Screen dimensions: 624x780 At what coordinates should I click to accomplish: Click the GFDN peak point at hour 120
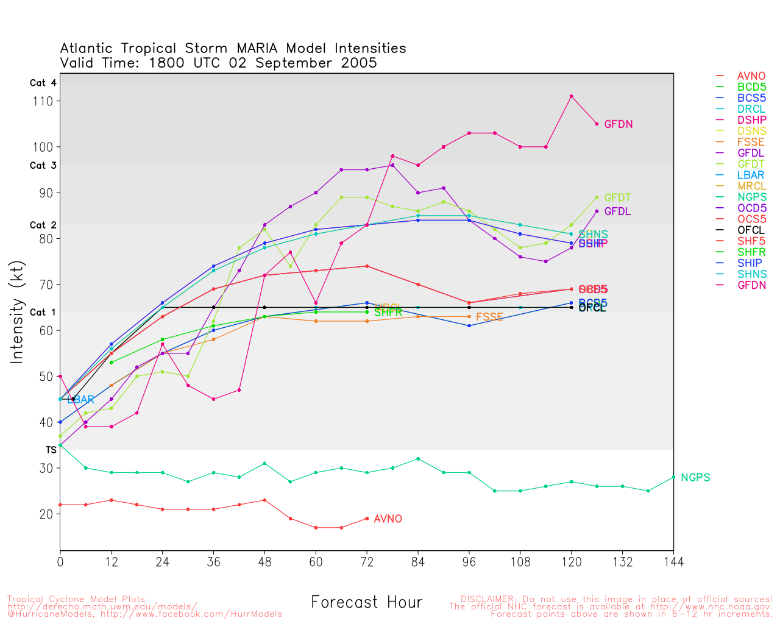click(x=571, y=96)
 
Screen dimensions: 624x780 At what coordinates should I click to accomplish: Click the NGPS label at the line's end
click(x=695, y=478)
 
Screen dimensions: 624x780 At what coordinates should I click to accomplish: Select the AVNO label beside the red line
click(x=388, y=519)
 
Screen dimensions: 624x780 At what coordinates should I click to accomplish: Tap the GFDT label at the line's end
click(x=617, y=198)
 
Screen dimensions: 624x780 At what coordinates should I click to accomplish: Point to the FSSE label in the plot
click(x=489, y=317)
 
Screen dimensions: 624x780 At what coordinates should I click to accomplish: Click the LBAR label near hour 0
click(x=80, y=400)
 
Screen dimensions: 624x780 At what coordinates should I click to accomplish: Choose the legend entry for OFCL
click(x=751, y=230)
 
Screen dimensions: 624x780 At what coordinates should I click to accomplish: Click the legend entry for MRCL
click(x=751, y=186)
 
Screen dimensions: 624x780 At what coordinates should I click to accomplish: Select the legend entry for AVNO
click(x=751, y=77)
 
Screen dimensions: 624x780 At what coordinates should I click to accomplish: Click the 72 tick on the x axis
click(x=367, y=561)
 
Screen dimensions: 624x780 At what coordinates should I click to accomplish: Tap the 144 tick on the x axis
click(x=673, y=561)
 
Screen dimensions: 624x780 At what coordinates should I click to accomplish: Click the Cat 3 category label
click(x=43, y=166)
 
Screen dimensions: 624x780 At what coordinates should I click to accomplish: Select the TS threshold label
click(x=51, y=450)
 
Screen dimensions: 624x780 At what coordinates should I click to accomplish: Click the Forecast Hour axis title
click(x=366, y=603)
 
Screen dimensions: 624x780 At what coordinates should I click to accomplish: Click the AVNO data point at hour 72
click(x=367, y=519)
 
